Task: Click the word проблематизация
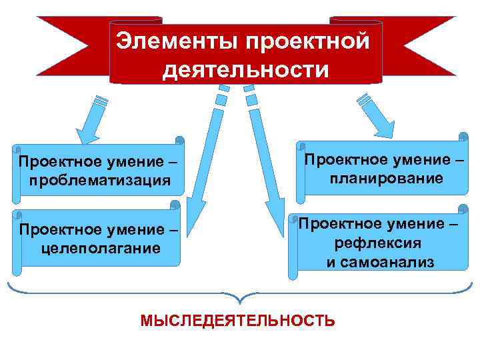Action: click(100, 180)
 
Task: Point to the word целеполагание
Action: click(101, 248)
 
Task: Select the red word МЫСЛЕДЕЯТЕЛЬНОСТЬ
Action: click(238, 321)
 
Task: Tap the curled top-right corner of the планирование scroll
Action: click(463, 137)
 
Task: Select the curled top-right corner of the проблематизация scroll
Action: click(179, 141)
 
